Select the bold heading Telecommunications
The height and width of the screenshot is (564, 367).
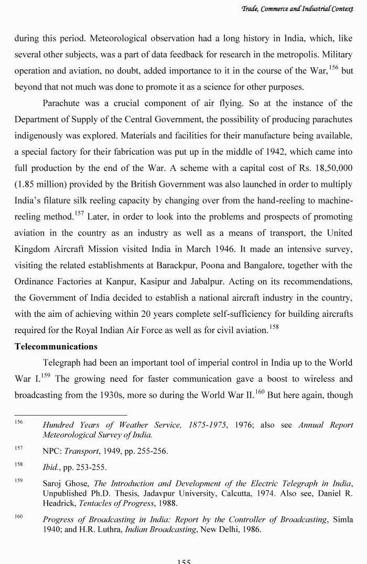56,347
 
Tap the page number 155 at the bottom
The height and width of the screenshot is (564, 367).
183,561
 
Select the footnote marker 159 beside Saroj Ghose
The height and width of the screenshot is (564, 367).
19,480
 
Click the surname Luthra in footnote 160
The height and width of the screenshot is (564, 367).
102,529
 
